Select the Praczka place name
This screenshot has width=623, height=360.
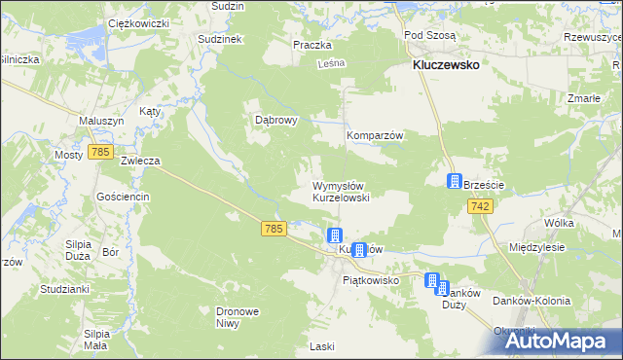pos(312,45)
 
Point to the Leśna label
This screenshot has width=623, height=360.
pos(331,63)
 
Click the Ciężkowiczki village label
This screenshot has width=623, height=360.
pos(139,21)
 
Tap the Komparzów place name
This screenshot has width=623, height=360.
pos(376,136)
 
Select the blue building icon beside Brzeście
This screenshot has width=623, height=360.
pos(455,181)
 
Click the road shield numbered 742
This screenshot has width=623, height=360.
pos(479,206)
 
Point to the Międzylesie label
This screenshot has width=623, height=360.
pos(537,248)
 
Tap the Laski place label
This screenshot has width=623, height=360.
pos(321,345)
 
